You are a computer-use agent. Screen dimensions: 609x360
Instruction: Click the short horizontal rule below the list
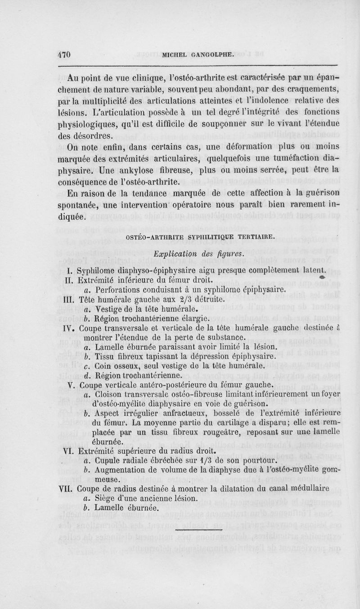click(197, 530)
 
